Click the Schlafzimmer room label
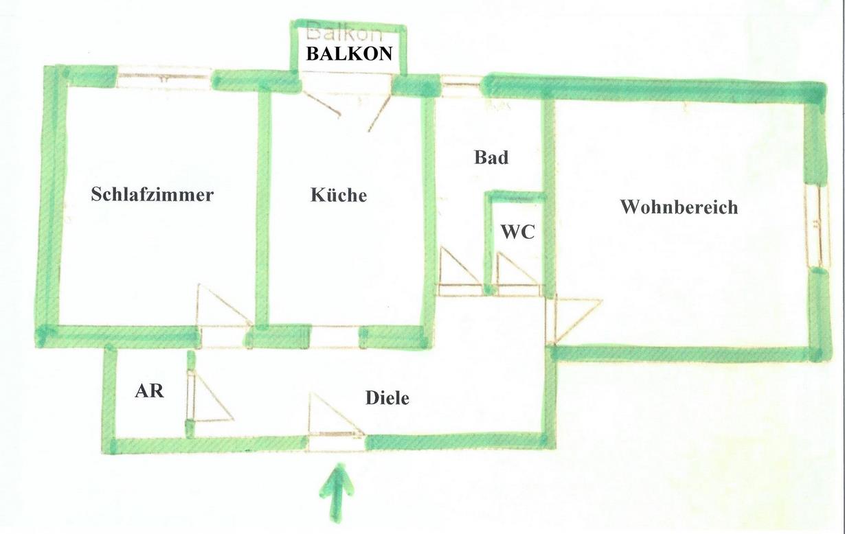(152, 194)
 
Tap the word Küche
(339, 195)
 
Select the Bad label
(491, 157)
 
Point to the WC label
(517, 232)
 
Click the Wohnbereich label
(679, 207)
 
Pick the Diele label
(387, 397)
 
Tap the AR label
(149, 391)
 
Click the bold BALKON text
(349, 54)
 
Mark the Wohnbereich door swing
(574, 317)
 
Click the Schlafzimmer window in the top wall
(164, 78)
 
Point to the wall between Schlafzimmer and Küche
(262, 206)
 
